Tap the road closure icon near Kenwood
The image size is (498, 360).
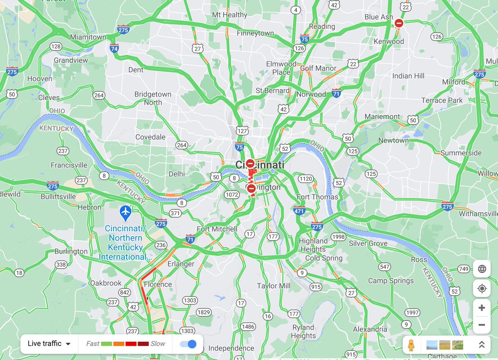pos(399,23)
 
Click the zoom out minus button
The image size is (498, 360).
pos(481,325)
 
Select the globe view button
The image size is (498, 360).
pos(482,269)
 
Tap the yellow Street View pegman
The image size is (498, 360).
pos(411,345)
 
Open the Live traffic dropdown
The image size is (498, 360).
pos(49,343)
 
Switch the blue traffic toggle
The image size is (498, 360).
pos(188,344)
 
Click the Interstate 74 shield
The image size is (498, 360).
pos(114,48)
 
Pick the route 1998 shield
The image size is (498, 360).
pos(339,237)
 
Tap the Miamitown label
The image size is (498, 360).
pos(88,37)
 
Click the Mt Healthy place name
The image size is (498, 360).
pos(229,15)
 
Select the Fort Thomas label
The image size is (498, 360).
pos(317,197)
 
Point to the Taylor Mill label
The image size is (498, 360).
pos(273,286)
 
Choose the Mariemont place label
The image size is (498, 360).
pos(382,117)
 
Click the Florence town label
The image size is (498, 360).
pos(158,284)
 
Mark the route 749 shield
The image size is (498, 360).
pos(464,269)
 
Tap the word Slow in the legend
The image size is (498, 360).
pos(158,343)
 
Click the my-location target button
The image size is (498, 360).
pos(482,288)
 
